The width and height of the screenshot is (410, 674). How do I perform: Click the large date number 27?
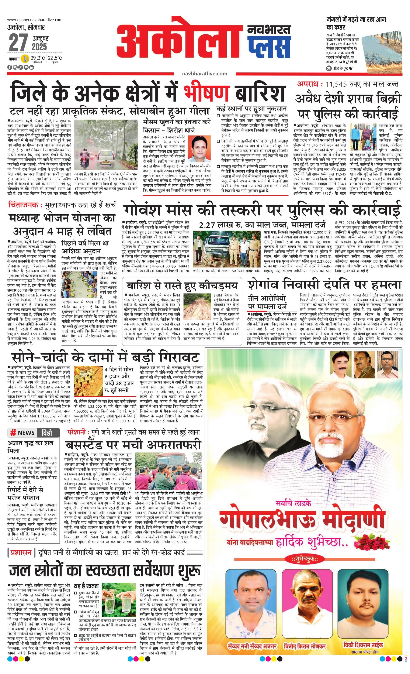(18, 43)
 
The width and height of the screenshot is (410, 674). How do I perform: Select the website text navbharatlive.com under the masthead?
(204, 73)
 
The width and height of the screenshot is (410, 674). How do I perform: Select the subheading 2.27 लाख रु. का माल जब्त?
(241, 225)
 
